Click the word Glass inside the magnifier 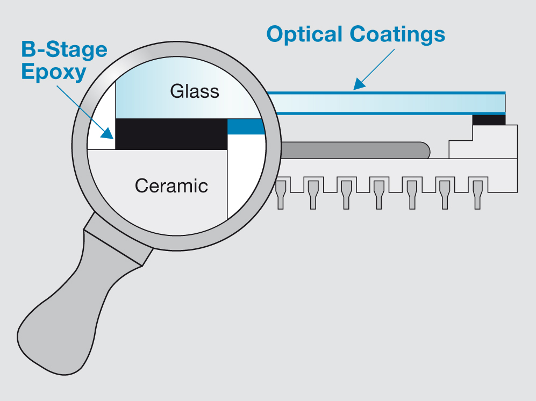click(x=195, y=91)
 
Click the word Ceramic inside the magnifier click(x=171, y=186)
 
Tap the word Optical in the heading click(x=304, y=34)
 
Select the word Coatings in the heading click(x=397, y=34)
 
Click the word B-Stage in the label click(x=64, y=50)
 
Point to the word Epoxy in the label click(x=53, y=72)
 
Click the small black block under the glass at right click(x=489, y=120)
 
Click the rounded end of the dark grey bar click(x=423, y=150)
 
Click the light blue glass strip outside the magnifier click(x=387, y=103)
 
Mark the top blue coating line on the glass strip click(x=387, y=92)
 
